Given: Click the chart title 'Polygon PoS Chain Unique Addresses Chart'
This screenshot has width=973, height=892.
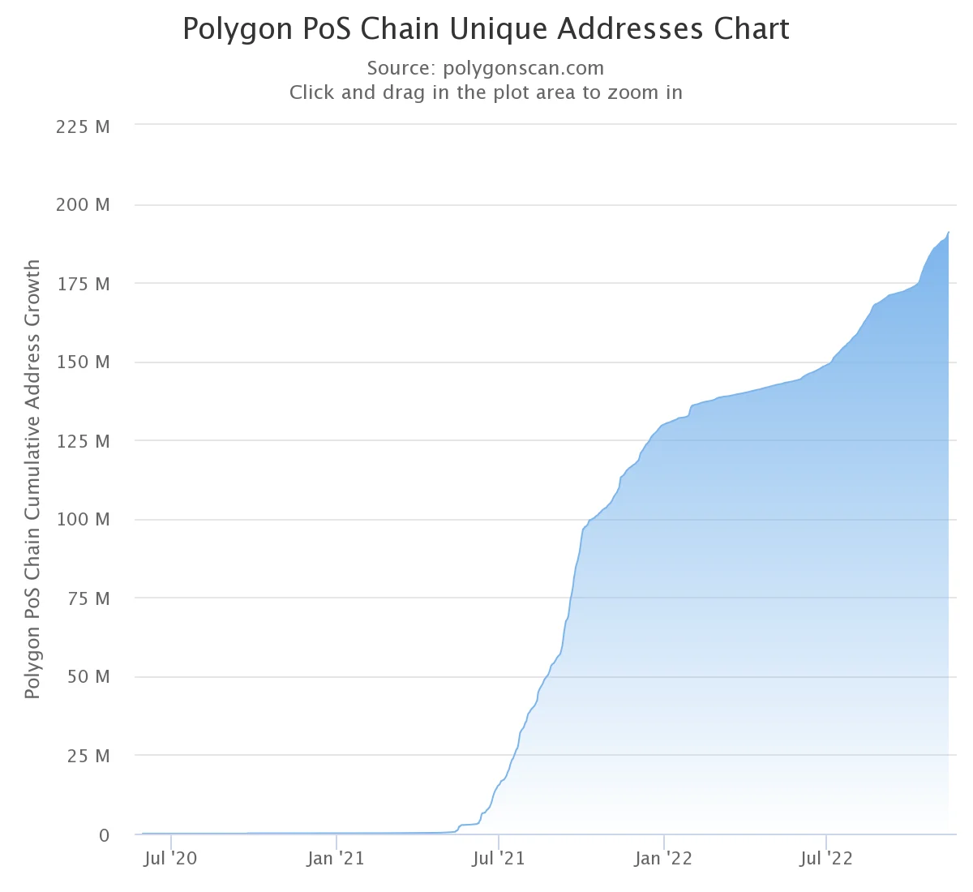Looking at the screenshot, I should click(x=486, y=29).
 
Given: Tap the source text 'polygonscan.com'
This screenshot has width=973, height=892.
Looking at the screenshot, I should click(x=523, y=68).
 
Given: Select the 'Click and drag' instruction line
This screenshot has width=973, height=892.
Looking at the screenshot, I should click(x=486, y=92).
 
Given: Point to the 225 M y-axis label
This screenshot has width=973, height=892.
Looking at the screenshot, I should click(x=83, y=127).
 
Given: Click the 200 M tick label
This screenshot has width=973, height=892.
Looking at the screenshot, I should click(x=83, y=205).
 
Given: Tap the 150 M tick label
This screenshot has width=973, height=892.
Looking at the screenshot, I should click(x=83, y=362).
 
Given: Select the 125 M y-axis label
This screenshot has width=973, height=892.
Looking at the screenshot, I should click(x=83, y=441).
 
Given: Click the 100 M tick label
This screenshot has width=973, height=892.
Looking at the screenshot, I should click(x=83, y=519).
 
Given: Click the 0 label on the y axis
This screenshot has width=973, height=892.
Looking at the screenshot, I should click(x=104, y=835).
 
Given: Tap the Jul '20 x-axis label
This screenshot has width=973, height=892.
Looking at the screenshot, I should click(x=170, y=858).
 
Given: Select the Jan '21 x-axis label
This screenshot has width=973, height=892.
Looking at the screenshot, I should click(x=336, y=858).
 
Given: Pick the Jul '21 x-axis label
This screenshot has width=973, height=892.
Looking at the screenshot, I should click(x=498, y=858).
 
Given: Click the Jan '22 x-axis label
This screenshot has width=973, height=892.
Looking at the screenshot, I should click(x=663, y=858).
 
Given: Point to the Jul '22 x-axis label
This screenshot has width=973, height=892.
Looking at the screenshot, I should click(x=825, y=858).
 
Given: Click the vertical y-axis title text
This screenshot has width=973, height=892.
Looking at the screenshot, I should click(x=32, y=478).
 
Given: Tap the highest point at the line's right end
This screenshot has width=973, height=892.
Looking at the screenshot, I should click(x=949, y=233).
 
